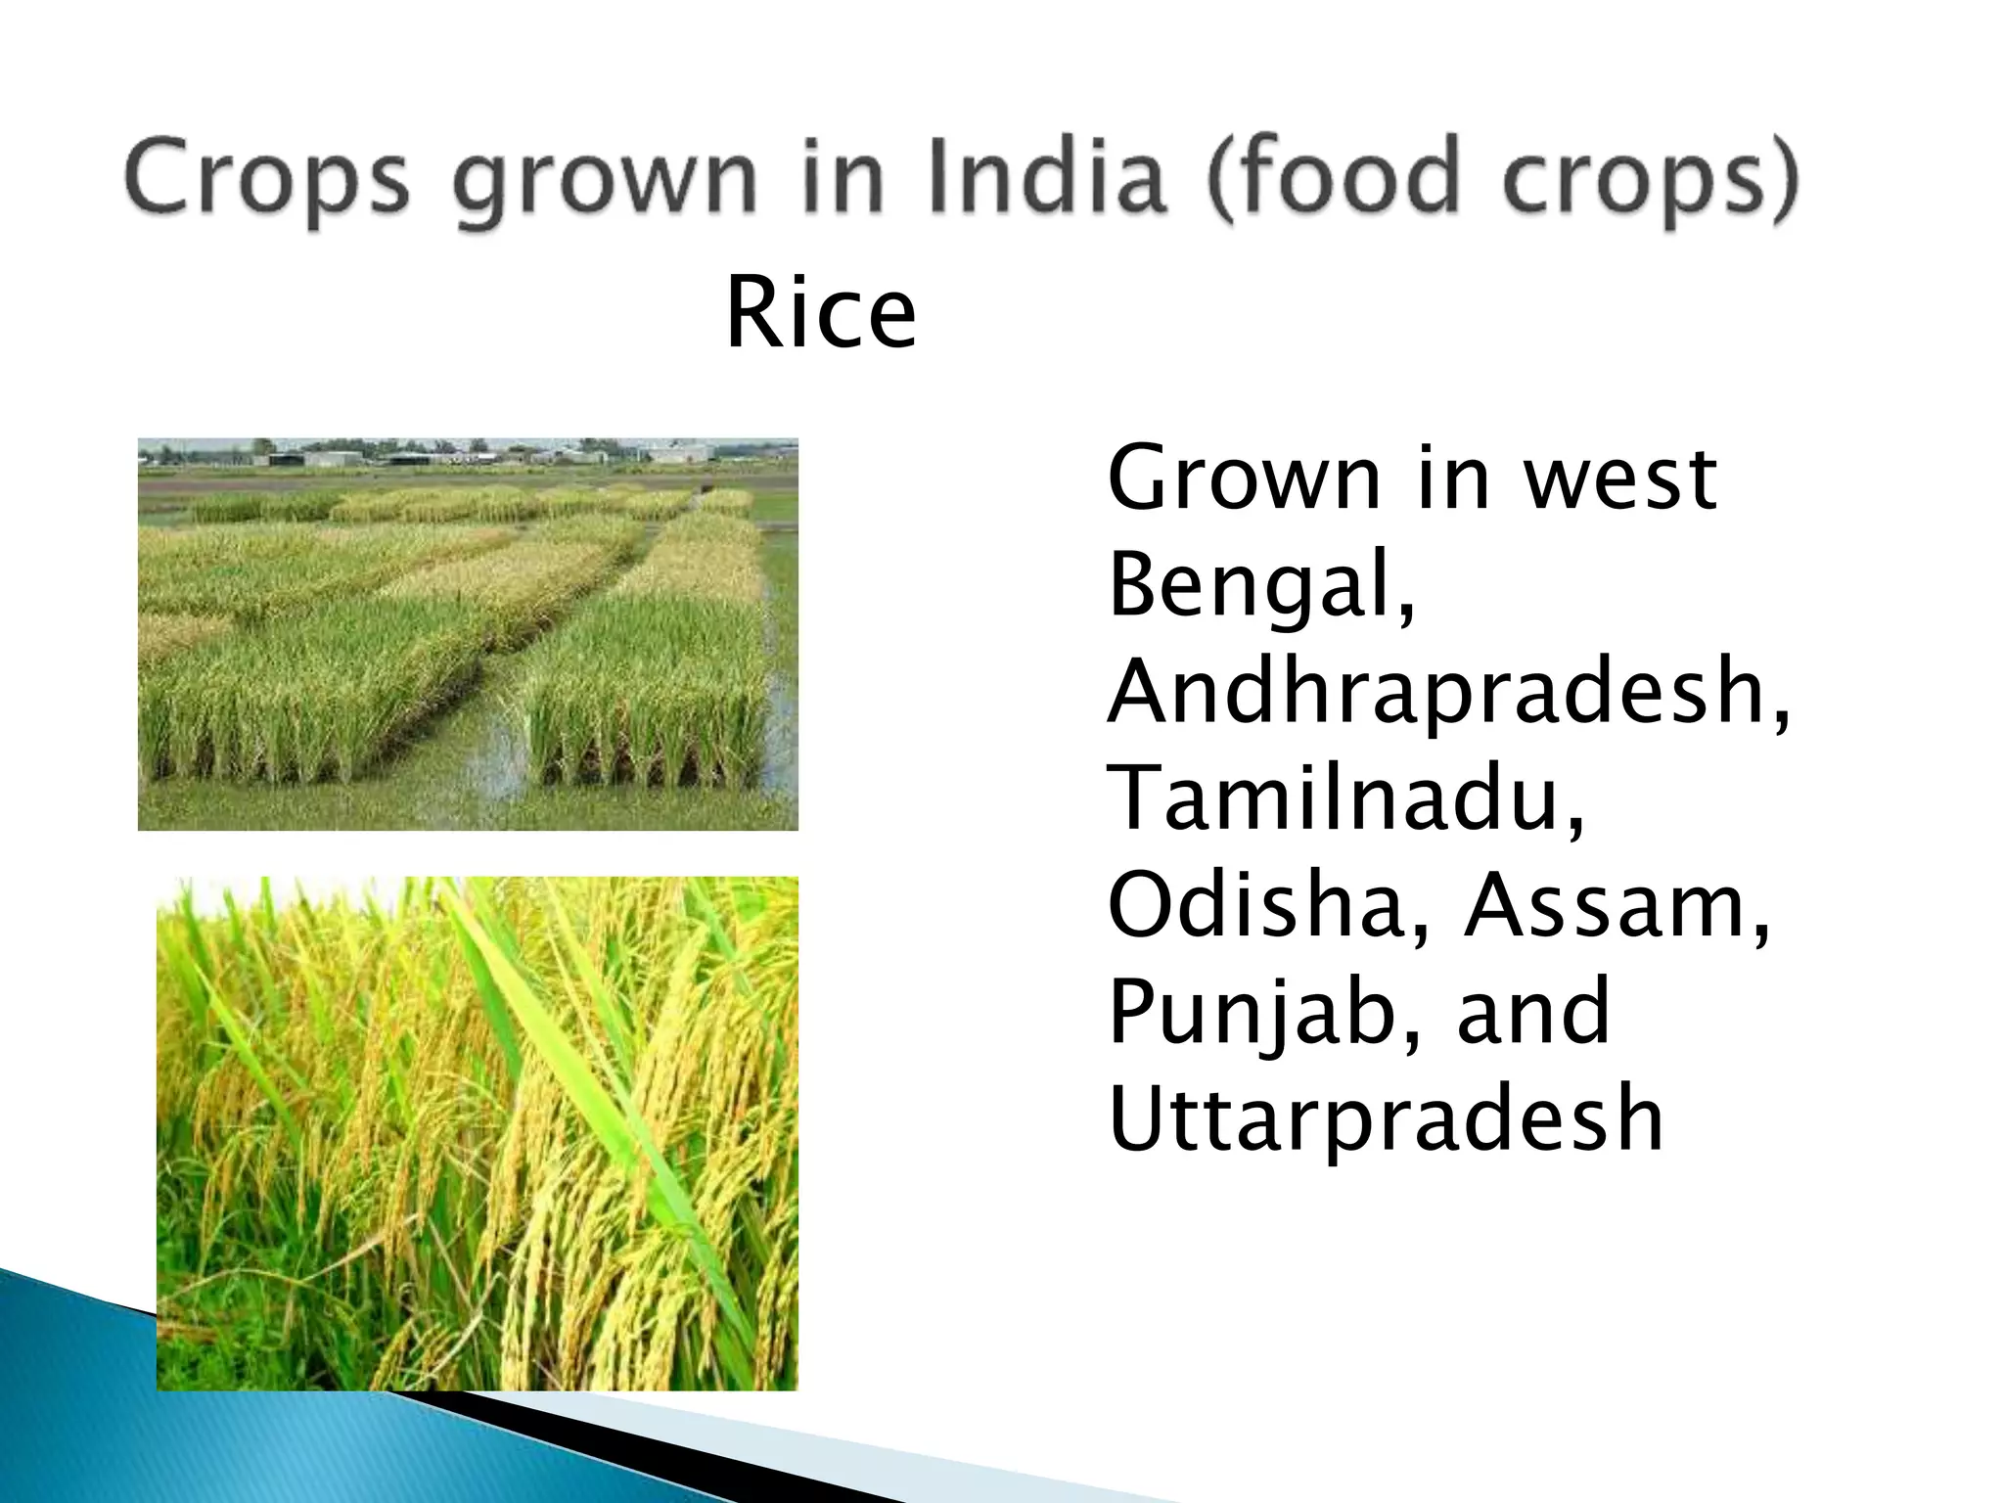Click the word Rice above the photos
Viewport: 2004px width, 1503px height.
(820, 315)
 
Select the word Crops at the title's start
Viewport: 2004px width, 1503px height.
(266, 180)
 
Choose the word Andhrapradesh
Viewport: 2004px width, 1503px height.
(1448, 693)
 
